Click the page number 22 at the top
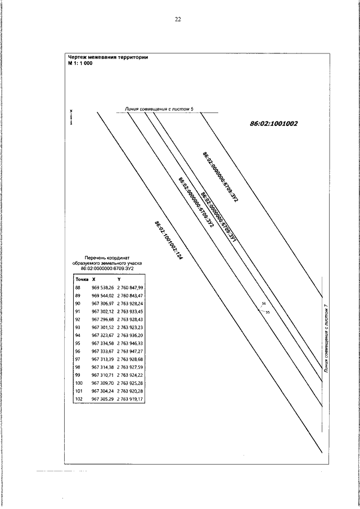178,19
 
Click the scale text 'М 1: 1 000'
80,63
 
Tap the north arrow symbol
71,117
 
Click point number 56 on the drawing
263,304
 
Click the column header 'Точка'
82,279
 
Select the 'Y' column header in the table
119,279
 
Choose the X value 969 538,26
102,287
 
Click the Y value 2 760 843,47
130,295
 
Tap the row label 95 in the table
78,343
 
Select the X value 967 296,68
102,319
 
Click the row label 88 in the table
78,287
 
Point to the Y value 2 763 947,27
130,350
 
